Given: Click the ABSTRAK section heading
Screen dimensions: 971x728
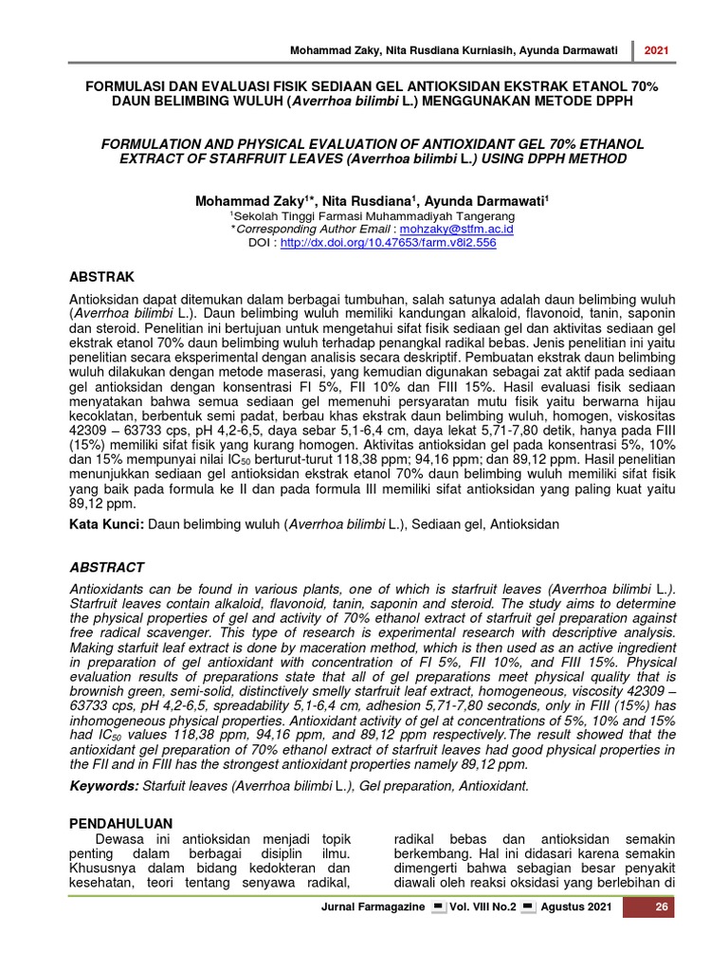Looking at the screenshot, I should pyautogui.click(x=104, y=276).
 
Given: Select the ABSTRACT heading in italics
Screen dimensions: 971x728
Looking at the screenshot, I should pyautogui.click(x=109, y=567).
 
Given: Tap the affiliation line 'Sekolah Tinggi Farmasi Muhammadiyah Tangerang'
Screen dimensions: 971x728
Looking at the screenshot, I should pyautogui.click(x=366, y=216).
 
